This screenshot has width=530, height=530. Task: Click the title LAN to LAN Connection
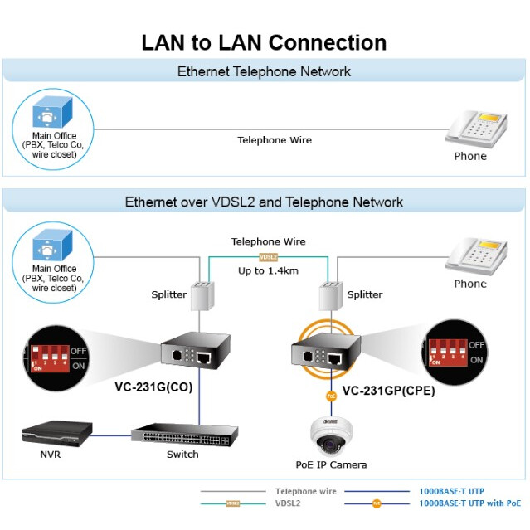pyautogui.click(x=264, y=43)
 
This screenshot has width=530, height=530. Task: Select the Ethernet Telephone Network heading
pyautogui.click(x=264, y=71)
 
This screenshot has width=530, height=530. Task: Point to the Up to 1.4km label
pyautogui.click(x=267, y=271)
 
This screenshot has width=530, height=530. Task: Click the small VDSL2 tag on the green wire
pyautogui.click(x=268, y=257)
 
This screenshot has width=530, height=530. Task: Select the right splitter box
pyautogui.click(x=332, y=295)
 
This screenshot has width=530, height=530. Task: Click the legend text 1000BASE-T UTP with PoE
pyautogui.click(x=470, y=503)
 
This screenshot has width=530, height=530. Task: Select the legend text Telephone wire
pyautogui.click(x=305, y=491)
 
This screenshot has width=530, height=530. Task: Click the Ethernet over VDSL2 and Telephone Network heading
pyautogui.click(x=264, y=202)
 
